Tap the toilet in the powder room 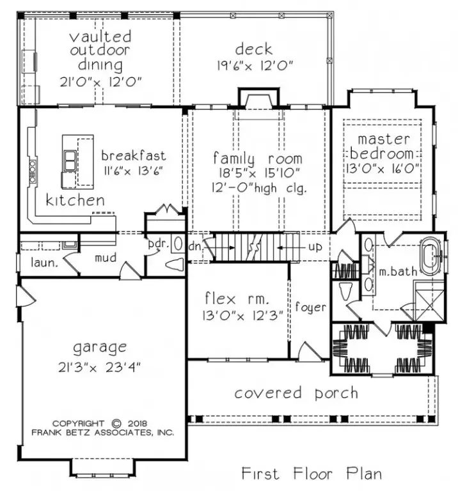coord(175,264)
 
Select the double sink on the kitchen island coord(70,160)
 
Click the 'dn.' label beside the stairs coord(196,246)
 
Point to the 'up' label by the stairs coord(315,247)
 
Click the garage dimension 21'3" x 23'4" coord(99,367)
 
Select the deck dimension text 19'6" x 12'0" coord(255,66)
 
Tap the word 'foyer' coord(310,307)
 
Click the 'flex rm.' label coord(237,299)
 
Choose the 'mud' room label coord(106,258)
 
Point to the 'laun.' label coord(45,262)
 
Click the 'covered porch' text coord(296,393)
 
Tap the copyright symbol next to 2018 coord(116,423)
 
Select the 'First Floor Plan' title coord(312,473)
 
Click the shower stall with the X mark coord(429,306)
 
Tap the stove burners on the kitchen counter coord(33,171)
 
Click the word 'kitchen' coord(75,200)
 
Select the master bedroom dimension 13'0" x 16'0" coord(383,169)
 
